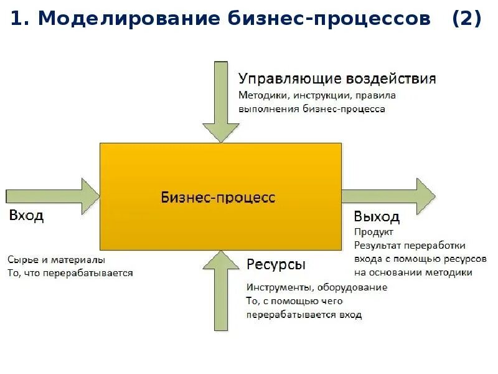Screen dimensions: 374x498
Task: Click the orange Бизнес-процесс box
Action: coord(221,196)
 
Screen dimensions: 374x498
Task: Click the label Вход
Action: coord(26,216)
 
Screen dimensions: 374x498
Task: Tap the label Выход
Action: coord(376,217)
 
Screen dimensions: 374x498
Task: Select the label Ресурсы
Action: coord(276,265)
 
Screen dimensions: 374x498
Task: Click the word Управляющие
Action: coord(282,79)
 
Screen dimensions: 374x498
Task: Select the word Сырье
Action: coord(21,259)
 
